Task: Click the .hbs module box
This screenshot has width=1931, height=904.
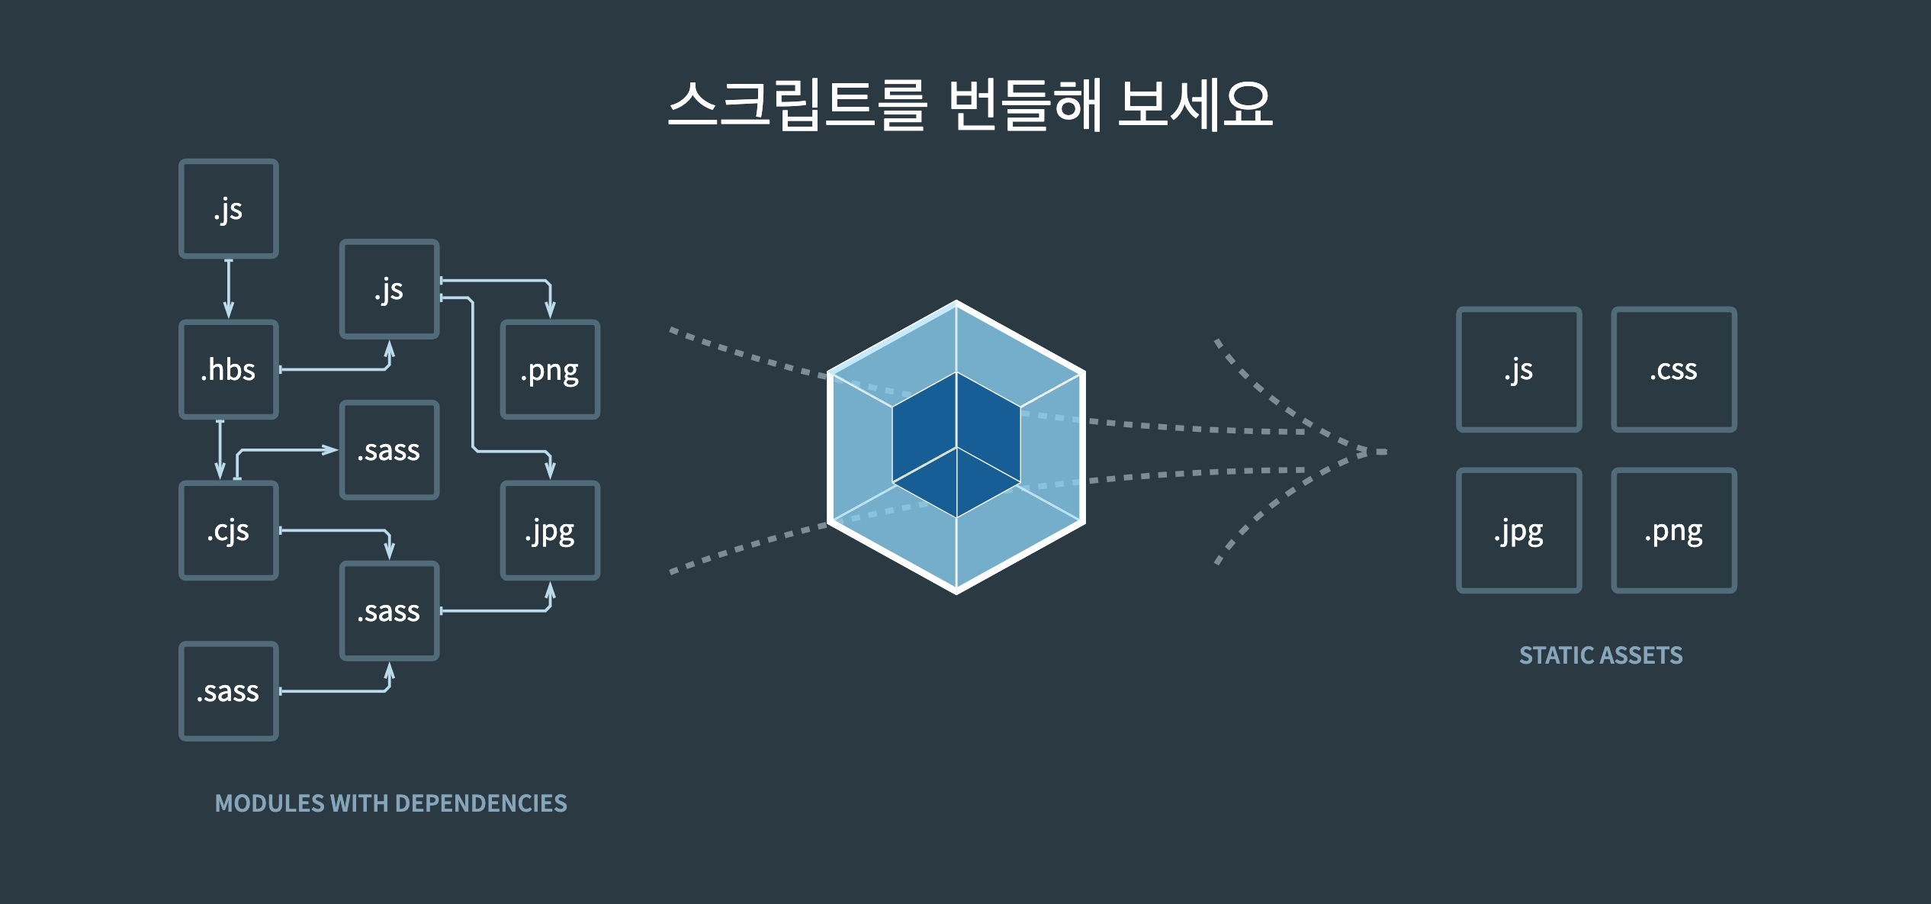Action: (228, 369)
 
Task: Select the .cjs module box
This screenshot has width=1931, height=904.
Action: (228, 530)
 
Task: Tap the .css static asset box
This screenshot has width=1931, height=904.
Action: (1673, 370)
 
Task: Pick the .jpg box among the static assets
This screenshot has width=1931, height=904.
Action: (1518, 530)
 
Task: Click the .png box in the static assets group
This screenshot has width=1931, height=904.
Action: (1673, 530)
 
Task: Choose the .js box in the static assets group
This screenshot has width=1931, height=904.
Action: (1518, 370)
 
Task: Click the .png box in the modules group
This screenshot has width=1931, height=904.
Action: (550, 370)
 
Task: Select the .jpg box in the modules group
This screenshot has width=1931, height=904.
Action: (550, 530)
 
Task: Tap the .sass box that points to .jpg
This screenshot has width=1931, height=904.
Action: (389, 610)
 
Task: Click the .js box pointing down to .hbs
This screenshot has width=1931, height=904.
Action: (228, 208)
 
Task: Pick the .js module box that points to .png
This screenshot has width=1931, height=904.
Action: (389, 289)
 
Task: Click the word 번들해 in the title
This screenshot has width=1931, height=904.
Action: (1024, 105)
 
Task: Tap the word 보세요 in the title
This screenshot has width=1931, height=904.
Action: (1194, 105)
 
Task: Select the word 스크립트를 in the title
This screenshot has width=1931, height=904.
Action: (797, 105)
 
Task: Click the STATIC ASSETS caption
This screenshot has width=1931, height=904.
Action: (1600, 655)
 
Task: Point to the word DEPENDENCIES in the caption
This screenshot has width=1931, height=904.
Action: (480, 803)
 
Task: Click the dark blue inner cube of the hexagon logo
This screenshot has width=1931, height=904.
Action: (956, 444)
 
